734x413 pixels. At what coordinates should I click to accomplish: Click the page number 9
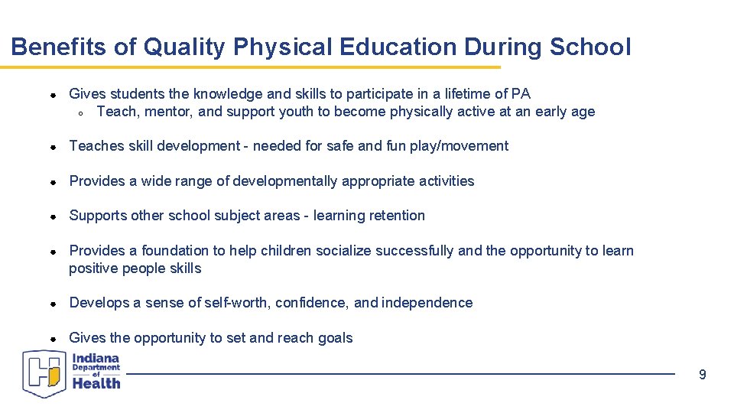[703, 375]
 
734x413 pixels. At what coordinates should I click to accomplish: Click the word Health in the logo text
[96, 383]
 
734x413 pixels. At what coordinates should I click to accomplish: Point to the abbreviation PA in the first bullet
[521, 94]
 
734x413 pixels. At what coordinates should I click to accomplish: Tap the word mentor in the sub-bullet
[159, 112]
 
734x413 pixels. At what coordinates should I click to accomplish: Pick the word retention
[394, 216]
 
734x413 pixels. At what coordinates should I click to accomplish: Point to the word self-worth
[236, 303]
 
